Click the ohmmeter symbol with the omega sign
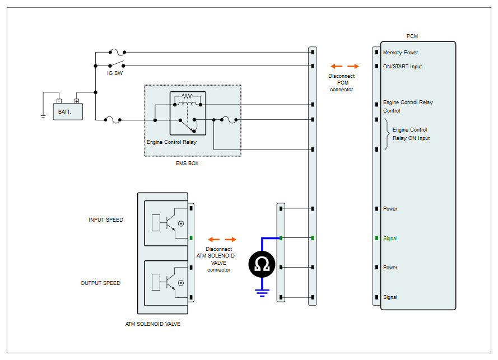[262, 264]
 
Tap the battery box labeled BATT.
[68, 111]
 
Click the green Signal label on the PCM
[390, 239]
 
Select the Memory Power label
[400, 53]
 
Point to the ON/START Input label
[402, 67]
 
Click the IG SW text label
[115, 73]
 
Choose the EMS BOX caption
[187, 163]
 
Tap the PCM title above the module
[412, 36]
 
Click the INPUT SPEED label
[106, 219]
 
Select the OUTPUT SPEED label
[100, 283]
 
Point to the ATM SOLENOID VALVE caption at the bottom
[153, 324]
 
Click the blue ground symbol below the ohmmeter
[262, 293]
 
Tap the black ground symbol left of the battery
[43, 117]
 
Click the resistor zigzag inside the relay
[188, 96]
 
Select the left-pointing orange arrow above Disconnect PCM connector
[336, 66]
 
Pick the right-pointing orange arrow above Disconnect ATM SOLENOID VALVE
[230, 240]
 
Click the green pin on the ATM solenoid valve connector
[191, 238]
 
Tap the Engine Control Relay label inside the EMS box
[171, 142]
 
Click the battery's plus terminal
[77, 101]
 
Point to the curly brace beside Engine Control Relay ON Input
[387, 134]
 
